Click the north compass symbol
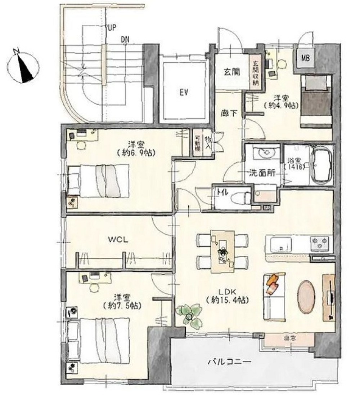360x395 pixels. pos(23,67)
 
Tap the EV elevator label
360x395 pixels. pos(184,93)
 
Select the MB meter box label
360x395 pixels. pos(305,58)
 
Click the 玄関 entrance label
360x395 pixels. pos(232,72)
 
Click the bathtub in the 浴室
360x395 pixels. pos(321,165)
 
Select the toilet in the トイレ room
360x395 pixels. pos(238,197)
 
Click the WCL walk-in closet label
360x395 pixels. pos(118,239)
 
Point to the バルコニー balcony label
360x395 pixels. pos(229,362)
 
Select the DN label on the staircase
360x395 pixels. pos(125,40)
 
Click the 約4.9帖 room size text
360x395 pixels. pos(281,105)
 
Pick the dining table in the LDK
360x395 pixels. pos(223,251)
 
